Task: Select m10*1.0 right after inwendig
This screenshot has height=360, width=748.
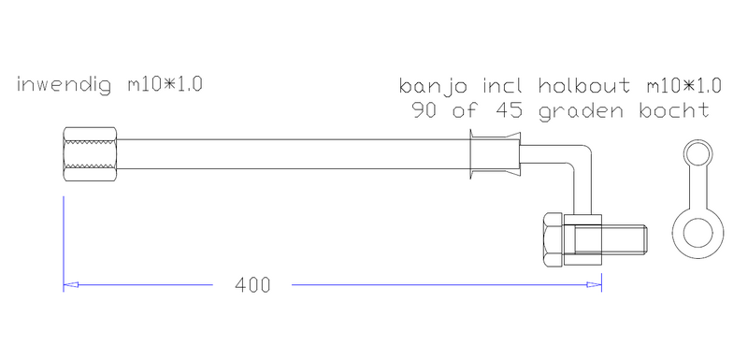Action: click(165, 86)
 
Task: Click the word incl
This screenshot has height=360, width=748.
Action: click(504, 86)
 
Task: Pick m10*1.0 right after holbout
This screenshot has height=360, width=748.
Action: click(683, 86)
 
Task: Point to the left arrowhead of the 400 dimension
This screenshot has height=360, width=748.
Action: click(69, 284)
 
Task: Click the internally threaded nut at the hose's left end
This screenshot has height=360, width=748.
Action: click(89, 155)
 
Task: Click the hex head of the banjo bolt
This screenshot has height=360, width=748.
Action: click(554, 240)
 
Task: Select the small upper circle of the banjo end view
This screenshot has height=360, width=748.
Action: click(698, 154)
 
